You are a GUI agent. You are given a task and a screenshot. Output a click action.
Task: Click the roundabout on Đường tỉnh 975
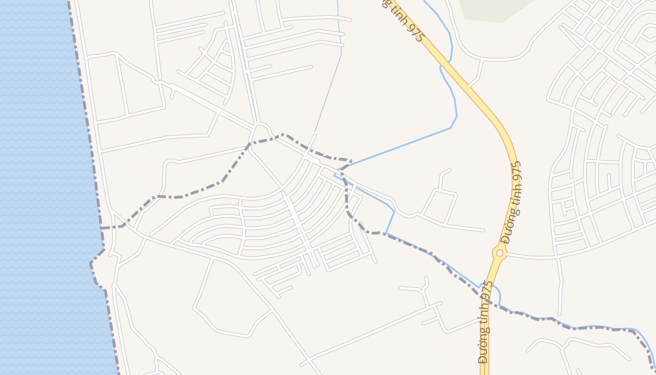499,253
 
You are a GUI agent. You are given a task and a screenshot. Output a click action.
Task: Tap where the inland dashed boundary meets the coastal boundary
102,228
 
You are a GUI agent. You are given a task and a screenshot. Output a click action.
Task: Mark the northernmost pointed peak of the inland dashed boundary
284,135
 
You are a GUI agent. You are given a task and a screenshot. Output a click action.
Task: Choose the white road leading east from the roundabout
529,257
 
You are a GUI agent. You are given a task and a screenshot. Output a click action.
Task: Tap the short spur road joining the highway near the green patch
478,73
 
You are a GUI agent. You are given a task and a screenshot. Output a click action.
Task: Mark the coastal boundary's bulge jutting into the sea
92,265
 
